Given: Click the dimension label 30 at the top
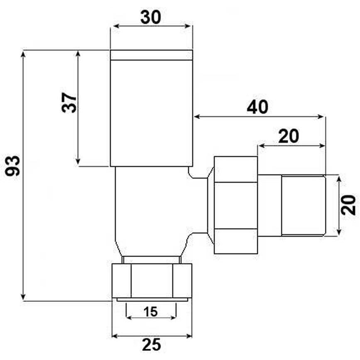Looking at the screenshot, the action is (x=151, y=17).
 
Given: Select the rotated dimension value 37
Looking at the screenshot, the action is (x=69, y=103).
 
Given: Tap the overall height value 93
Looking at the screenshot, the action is (x=13, y=166).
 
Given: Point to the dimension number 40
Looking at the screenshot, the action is (x=257, y=107).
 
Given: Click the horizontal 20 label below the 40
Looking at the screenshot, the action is (x=289, y=136).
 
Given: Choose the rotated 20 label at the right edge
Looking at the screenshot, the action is (x=348, y=205).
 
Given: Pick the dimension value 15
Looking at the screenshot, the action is (x=151, y=311).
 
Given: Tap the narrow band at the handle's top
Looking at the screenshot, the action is (x=151, y=55).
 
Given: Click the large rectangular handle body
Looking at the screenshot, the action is (x=151, y=113).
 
